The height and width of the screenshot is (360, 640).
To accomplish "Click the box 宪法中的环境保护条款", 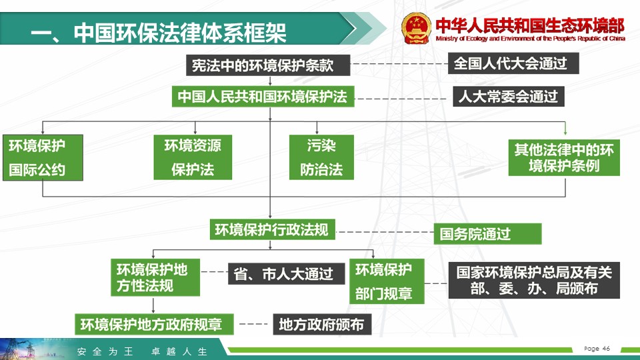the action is [268, 65].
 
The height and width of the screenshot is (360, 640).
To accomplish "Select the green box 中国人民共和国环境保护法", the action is [263, 96].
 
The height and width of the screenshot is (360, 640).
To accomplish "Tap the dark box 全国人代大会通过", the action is [513, 63].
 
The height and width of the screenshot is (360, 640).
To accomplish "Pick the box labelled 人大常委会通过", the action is [509, 96].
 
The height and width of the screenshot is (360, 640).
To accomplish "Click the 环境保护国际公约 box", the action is [43, 157].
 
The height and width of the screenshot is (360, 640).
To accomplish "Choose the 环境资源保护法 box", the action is [193, 157].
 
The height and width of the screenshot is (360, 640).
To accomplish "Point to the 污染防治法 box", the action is [321, 157].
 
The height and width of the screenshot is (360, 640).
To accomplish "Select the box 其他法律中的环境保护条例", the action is [564, 157].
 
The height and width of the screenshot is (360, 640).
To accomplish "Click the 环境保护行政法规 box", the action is [272, 229].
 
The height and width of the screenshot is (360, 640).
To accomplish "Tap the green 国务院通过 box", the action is [487, 234].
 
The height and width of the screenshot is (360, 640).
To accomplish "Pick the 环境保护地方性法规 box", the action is [155, 277].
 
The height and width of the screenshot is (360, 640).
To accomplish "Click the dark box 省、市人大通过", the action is [286, 273].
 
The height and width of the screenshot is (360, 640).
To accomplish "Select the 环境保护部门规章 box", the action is [387, 281].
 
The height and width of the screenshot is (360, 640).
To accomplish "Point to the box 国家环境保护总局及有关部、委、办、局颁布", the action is [534, 281].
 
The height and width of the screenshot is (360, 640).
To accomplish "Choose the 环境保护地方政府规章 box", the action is [154, 325].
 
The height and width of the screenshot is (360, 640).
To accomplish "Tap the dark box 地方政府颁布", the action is [322, 325].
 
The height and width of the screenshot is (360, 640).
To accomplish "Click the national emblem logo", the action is [416, 28].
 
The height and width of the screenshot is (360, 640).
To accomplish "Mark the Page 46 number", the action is [597, 349].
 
